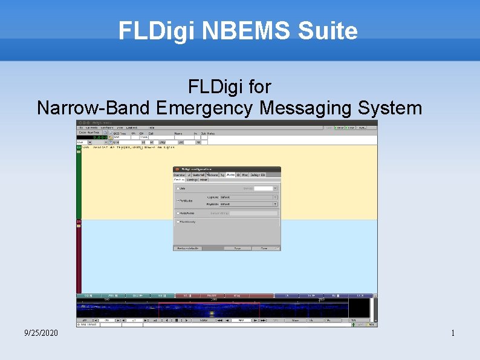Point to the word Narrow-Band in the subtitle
(93, 108)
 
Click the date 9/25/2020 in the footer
(41, 333)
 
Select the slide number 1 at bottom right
(453, 333)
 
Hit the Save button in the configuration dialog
(238, 248)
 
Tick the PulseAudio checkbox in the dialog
(177, 213)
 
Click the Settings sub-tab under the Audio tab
(192, 180)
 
